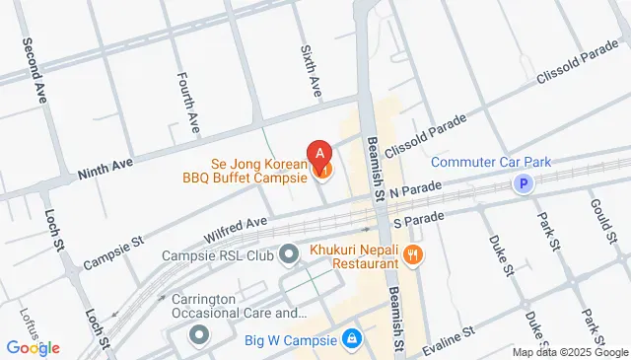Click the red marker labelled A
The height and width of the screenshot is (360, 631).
[319, 154]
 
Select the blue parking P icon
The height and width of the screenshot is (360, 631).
[526, 182]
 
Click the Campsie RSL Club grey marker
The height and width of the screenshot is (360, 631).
[289, 256]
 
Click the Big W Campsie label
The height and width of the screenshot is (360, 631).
[290, 340]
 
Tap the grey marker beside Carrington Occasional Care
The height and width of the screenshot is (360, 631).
[198, 336]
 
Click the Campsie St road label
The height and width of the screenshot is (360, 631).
[113, 252]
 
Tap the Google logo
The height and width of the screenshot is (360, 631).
[33, 347]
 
